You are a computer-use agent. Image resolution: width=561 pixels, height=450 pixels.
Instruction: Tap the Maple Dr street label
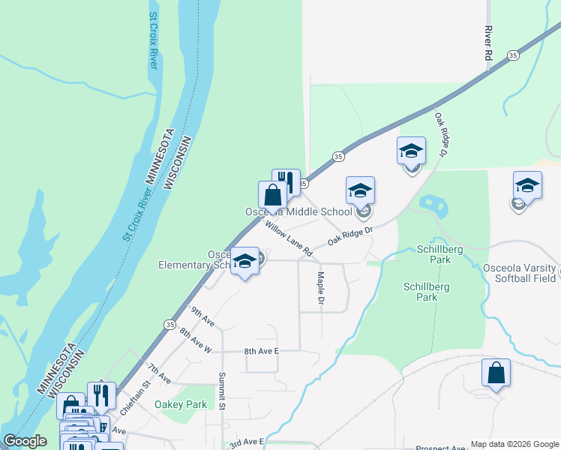[x=320, y=288]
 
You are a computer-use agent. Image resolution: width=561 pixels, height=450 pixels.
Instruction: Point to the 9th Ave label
[x=202, y=317]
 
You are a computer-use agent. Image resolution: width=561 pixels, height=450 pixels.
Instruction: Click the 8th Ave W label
[x=196, y=341]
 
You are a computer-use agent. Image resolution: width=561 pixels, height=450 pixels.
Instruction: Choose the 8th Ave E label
[x=261, y=351]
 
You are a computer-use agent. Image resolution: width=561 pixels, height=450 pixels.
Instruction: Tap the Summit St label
[x=222, y=391]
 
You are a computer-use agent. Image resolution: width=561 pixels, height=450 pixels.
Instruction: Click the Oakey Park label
[x=180, y=404]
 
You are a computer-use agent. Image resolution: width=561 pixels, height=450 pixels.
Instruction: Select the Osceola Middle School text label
[x=298, y=211]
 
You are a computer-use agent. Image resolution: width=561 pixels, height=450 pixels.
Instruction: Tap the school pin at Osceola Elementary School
[x=244, y=261]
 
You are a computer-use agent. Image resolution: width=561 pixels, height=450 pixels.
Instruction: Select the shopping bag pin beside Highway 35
[x=272, y=195]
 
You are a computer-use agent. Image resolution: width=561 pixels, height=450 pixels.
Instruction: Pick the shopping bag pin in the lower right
[x=496, y=372]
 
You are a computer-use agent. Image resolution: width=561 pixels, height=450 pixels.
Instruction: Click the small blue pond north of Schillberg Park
[x=430, y=203]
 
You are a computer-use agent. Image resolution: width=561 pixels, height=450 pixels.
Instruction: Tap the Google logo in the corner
[x=25, y=441]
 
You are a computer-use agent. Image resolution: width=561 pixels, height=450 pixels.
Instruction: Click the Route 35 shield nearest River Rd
[x=513, y=55]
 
